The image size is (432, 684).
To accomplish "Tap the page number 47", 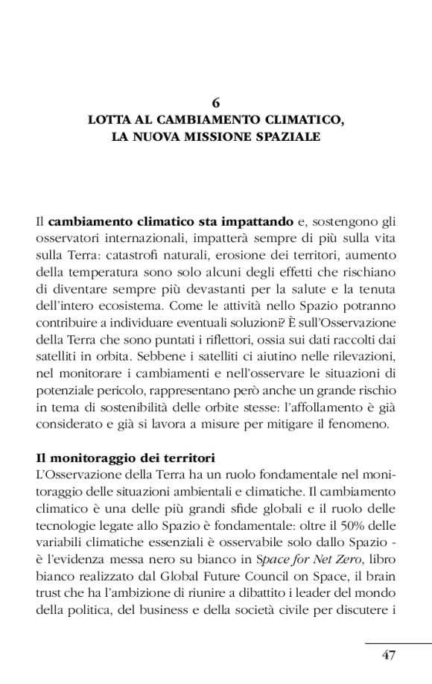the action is (x=388, y=655).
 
